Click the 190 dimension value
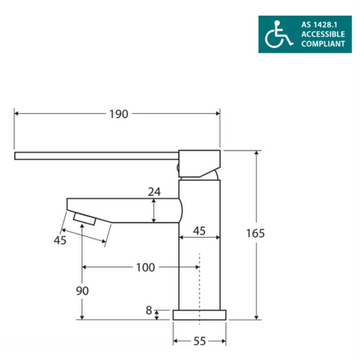pyautogui.click(x=118, y=114)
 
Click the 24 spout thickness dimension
pyautogui.click(x=153, y=192)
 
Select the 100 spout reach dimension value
pyautogui.click(x=144, y=268)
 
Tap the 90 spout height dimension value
pyautogui.click(x=81, y=291)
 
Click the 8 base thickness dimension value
pyautogui.click(x=149, y=311)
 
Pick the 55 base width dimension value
pyautogui.click(x=199, y=342)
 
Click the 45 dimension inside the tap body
pyautogui.click(x=199, y=230)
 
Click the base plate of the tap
pyautogui.click(x=199, y=315)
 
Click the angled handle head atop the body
pyautogui.click(x=198, y=162)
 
